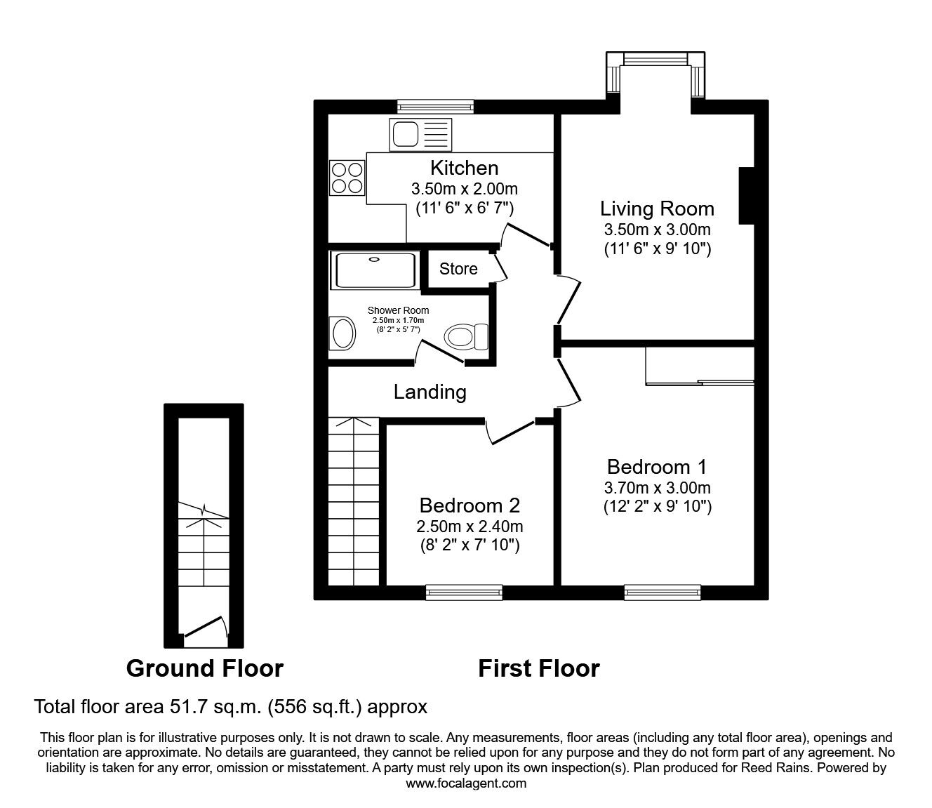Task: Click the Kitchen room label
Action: pyautogui.click(x=464, y=168)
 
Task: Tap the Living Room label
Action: pyautogui.click(x=657, y=208)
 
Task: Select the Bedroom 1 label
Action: pyautogui.click(x=657, y=467)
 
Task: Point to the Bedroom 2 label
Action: pyautogui.click(x=470, y=505)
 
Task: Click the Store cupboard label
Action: pyautogui.click(x=458, y=269)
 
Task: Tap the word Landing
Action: pyautogui.click(x=430, y=392)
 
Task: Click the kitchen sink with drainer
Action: pyautogui.click(x=420, y=135)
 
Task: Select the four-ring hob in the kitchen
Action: pyautogui.click(x=347, y=178)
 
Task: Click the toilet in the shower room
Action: pyautogui.click(x=466, y=336)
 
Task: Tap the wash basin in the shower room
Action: pyautogui.click(x=342, y=333)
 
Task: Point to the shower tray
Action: pyautogui.click(x=374, y=270)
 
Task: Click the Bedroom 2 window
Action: pyautogui.click(x=464, y=592)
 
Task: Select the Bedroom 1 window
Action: pyautogui.click(x=663, y=592)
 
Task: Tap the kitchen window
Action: pyautogui.click(x=436, y=107)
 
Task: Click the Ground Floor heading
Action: pyautogui.click(x=205, y=668)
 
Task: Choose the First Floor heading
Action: pyautogui.click(x=539, y=668)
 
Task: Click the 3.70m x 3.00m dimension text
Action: pyautogui.click(x=658, y=488)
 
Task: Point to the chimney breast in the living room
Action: pyautogui.click(x=746, y=196)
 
